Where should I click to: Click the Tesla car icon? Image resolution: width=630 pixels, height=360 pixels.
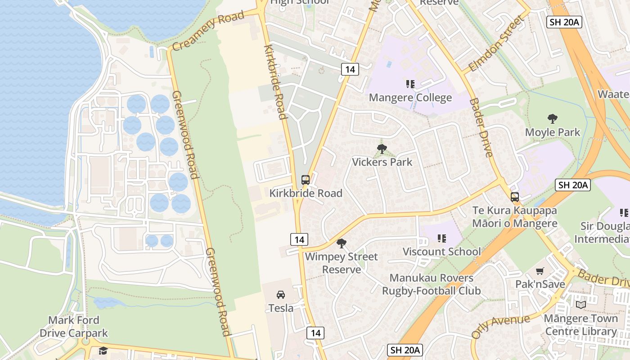(281, 295)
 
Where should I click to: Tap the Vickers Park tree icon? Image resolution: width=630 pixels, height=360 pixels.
(382, 149)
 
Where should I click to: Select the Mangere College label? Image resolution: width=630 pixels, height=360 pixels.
(410, 98)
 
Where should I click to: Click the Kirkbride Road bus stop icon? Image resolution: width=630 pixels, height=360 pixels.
(306, 180)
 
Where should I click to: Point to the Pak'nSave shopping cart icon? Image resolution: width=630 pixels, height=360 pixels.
(540, 271)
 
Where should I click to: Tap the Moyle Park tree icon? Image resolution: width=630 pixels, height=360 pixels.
(553, 119)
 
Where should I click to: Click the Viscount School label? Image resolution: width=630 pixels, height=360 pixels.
(441, 252)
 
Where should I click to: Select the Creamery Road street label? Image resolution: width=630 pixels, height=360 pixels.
(208, 31)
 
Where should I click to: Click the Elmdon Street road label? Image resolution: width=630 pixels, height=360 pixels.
(497, 44)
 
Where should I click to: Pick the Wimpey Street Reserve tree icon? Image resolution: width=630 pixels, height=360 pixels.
(342, 243)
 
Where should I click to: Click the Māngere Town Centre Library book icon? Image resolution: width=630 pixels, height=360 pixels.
(581, 305)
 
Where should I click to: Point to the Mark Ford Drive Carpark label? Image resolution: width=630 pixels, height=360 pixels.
(74, 327)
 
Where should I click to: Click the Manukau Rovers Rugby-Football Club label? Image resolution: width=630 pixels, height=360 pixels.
(432, 284)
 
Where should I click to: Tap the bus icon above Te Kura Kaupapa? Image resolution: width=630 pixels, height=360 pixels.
(515, 197)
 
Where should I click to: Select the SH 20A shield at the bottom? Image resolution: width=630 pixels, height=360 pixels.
(405, 350)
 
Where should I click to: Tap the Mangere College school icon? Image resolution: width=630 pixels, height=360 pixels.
(410, 84)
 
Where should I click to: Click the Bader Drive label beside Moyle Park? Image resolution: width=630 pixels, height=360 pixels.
(481, 128)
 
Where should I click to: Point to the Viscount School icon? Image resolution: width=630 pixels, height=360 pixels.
(441, 238)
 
